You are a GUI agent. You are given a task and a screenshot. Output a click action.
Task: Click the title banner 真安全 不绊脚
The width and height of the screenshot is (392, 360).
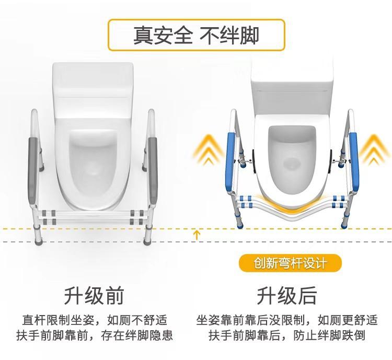coord(196,36)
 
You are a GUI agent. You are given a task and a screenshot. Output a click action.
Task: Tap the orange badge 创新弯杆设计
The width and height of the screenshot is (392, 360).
coord(290,263)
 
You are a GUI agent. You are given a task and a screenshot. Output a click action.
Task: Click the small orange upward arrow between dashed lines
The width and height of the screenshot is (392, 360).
coord(197,235)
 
